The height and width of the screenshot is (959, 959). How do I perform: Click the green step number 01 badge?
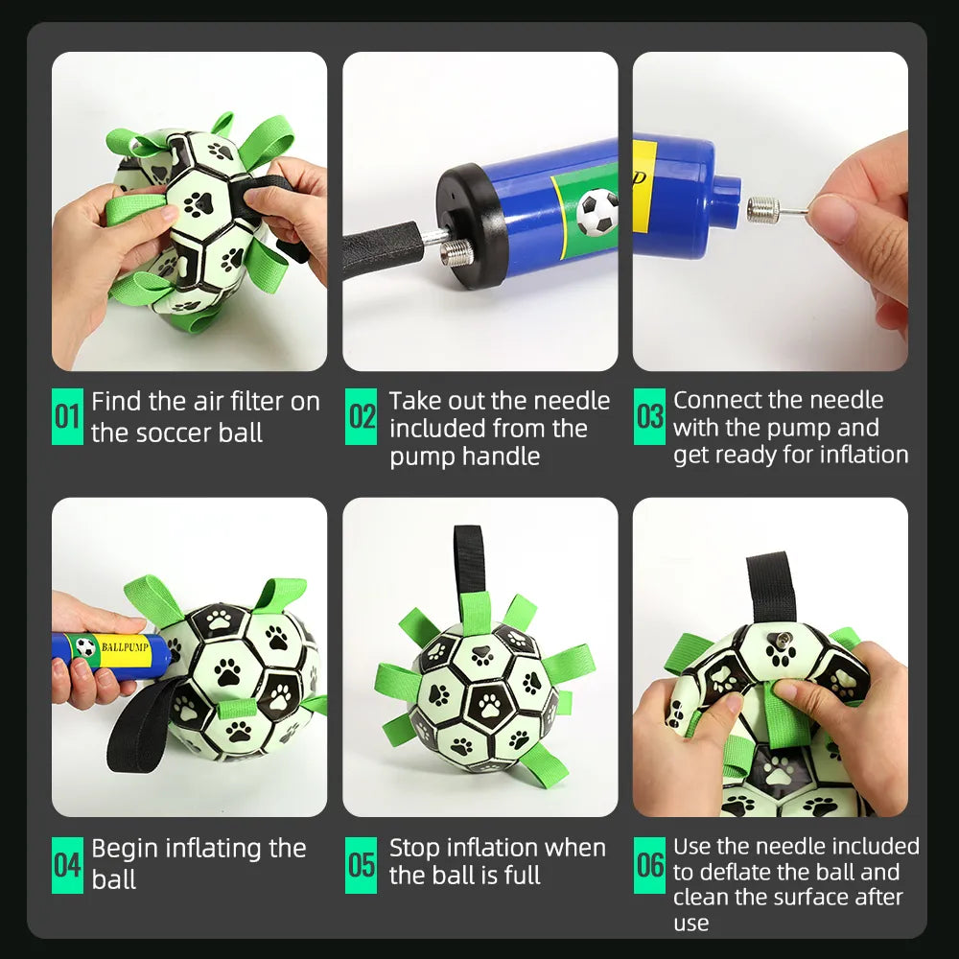pos(67,417)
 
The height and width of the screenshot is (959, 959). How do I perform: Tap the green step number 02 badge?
pos(362,417)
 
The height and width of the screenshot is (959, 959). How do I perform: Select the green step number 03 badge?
pos(649,417)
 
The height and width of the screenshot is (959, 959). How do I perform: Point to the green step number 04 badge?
pos(67,865)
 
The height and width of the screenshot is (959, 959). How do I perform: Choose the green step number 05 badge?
pos(362,865)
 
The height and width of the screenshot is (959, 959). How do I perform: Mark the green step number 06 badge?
pos(649,865)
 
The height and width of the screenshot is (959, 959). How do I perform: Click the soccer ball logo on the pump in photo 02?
pos(597,211)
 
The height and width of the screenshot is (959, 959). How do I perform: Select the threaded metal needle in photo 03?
pos(773,208)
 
